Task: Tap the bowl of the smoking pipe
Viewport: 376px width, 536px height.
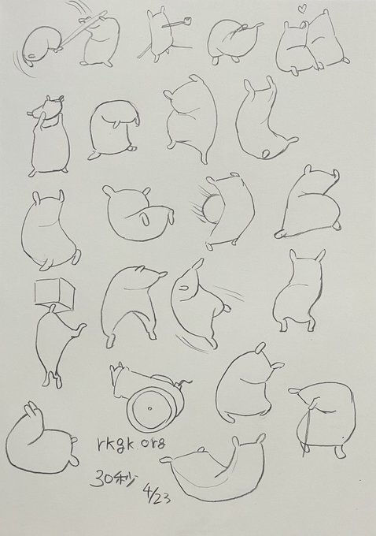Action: tap(186, 20)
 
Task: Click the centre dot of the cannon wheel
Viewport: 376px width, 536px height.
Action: tap(149, 408)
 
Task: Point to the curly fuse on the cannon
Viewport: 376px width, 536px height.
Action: tap(184, 382)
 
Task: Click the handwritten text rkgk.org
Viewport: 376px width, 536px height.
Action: tap(129, 444)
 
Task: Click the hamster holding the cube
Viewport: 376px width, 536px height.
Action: tap(58, 346)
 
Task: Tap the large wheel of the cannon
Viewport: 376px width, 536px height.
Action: tap(152, 410)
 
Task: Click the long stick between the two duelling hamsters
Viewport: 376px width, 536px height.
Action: tap(81, 30)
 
